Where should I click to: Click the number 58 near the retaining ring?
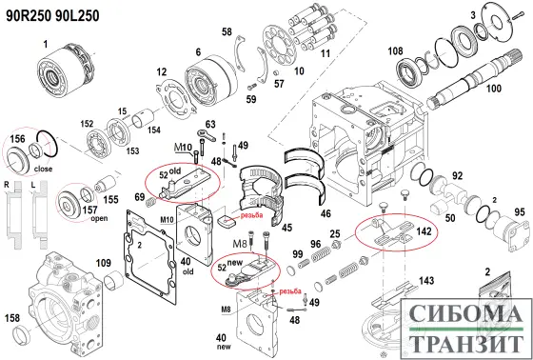point(227,33)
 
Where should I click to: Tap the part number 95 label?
point(519,212)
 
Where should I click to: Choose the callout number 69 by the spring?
point(140,197)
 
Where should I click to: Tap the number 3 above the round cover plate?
point(473,15)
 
